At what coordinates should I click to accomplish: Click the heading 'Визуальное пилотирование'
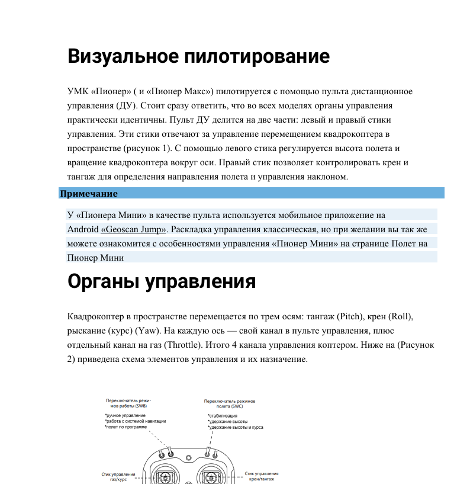(x=198, y=56)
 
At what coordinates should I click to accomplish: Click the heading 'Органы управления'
(x=162, y=281)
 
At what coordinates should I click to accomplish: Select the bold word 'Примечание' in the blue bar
(x=88, y=194)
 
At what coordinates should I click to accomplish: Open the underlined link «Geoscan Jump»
(x=134, y=229)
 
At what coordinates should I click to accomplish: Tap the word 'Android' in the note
(x=83, y=229)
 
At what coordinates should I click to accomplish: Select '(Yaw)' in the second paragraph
(x=147, y=330)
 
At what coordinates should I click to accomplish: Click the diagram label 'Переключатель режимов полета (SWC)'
(x=229, y=404)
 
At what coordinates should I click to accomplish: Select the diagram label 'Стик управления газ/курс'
(x=119, y=476)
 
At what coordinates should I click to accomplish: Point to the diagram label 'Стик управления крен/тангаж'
(x=261, y=476)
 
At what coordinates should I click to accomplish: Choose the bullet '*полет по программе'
(x=126, y=427)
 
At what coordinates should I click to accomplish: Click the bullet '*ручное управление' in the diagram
(x=125, y=416)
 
